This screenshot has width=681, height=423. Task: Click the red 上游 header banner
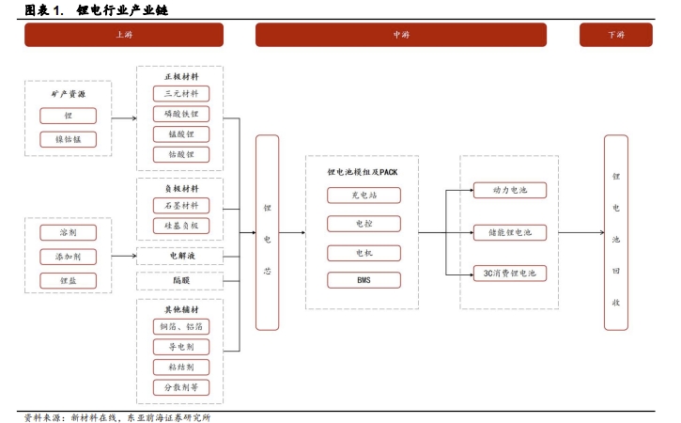point(124,35)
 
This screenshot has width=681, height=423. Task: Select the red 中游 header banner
point(401,35)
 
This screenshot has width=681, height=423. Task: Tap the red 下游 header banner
point(616,35)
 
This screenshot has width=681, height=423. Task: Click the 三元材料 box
point(181,93)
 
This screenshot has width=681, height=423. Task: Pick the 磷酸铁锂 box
point(181,114)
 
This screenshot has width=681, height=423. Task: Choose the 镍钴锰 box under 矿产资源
point(69,139)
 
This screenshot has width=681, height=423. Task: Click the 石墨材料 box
point(181,206)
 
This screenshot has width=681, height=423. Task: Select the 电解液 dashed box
point(180,256)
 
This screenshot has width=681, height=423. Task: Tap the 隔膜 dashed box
point(180,281)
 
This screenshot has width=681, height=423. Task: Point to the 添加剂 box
point(69,257)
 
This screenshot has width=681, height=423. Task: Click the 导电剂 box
point(181,347)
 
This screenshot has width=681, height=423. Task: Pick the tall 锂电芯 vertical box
point(267,232)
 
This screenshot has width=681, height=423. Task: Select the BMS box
point(364,280)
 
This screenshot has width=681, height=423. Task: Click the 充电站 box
point(364,196)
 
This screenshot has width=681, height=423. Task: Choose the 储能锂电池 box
point(510,232)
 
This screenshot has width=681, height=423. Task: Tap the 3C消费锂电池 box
point(510,274)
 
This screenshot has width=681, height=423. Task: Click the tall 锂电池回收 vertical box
point(616,232)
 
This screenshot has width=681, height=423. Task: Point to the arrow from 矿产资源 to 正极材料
point(124,118)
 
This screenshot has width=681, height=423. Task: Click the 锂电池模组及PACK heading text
point(363,172)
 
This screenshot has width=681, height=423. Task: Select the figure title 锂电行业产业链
point(122,9)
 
